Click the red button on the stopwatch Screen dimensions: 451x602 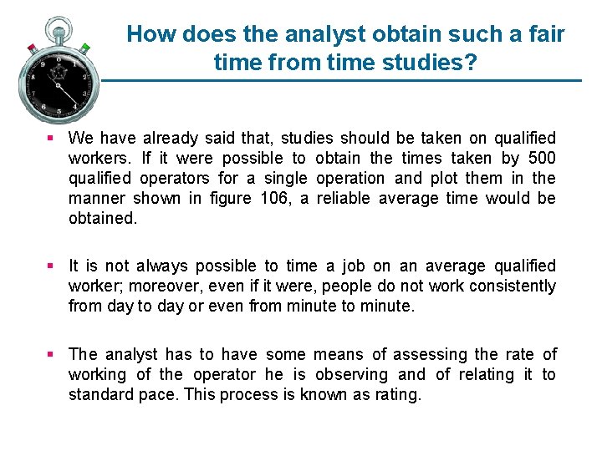32,47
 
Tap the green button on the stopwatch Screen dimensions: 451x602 84,47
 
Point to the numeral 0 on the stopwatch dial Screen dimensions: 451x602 59,58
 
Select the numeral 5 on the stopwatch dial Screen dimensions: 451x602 59,110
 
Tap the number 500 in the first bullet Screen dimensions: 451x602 540,158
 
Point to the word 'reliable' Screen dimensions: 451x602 345,198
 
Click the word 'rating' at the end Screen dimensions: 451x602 396,394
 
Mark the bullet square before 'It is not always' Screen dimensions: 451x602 52,266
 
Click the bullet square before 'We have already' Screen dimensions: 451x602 52,138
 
